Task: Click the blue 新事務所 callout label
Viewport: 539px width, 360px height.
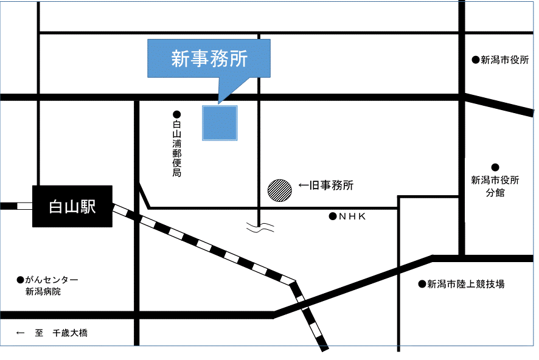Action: [x=209, y=58]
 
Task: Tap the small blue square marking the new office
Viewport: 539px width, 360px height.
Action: [x=220, y=123]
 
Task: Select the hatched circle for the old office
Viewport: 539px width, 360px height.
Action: [x=279, y=190]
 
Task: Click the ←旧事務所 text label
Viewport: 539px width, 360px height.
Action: [x=326, y=185]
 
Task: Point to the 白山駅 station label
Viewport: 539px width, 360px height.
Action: [x=72, y=207]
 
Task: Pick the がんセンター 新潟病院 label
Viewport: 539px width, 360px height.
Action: [x=48, y=286]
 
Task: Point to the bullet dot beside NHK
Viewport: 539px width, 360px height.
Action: [x=333, y=216]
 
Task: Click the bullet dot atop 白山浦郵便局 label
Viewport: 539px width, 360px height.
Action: [x=177, y=114]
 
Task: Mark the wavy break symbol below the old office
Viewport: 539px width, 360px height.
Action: [x=260, y=228]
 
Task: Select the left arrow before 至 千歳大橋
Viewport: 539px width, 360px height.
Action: [x=20, y=333]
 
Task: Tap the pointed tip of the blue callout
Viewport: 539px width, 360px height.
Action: [x=218, y=103]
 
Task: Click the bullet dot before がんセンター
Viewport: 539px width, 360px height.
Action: [x=20, y=280]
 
